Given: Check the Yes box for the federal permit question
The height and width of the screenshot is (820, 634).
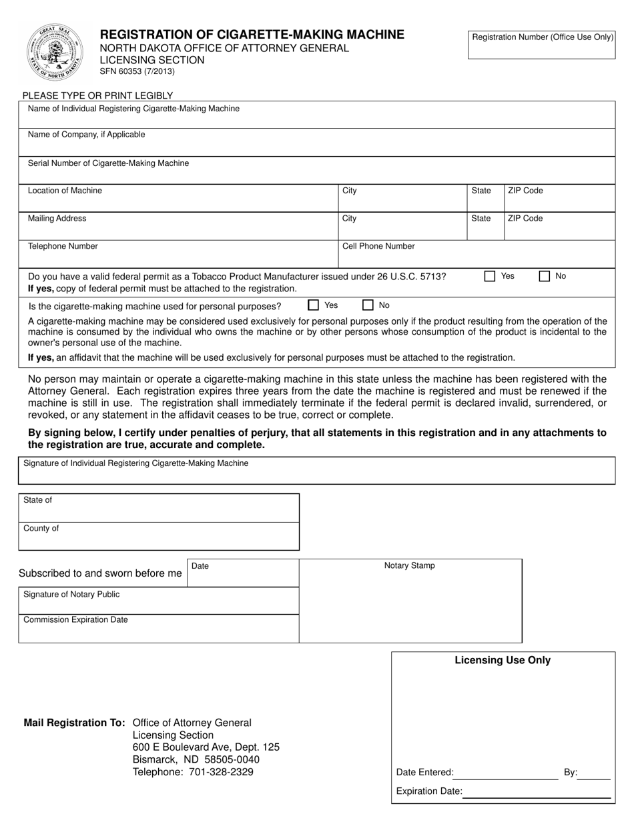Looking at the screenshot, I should coord(490,276).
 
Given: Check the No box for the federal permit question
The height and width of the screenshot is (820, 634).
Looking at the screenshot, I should coord(545,276).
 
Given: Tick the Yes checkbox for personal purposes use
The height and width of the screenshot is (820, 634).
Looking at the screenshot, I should coord(313,305).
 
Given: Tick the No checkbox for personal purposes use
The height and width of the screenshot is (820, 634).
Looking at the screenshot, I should coord(368,305).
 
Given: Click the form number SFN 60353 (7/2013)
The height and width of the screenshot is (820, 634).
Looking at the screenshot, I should coord(137,72).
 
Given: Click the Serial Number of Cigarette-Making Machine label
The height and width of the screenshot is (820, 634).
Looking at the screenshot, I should coord(108,163).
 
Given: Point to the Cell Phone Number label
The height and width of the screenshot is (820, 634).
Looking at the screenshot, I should coord(378,247).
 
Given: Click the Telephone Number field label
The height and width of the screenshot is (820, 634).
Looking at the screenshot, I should coord(63,247).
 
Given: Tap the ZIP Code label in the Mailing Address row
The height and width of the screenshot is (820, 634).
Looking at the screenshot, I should coord(525,219).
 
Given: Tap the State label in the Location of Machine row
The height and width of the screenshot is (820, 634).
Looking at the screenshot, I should coord(481,191).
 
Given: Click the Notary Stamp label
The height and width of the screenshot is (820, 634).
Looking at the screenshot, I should coord(409,566).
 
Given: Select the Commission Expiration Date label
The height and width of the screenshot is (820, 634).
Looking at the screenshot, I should coord(75,620).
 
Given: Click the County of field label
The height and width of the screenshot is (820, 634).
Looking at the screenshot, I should coord(41,529).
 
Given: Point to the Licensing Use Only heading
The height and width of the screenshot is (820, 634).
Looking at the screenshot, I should coord(503,661).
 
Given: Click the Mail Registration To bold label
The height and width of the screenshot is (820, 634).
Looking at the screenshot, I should coord(74,723).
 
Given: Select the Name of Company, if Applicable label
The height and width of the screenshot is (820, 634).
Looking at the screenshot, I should coord(86,135).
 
